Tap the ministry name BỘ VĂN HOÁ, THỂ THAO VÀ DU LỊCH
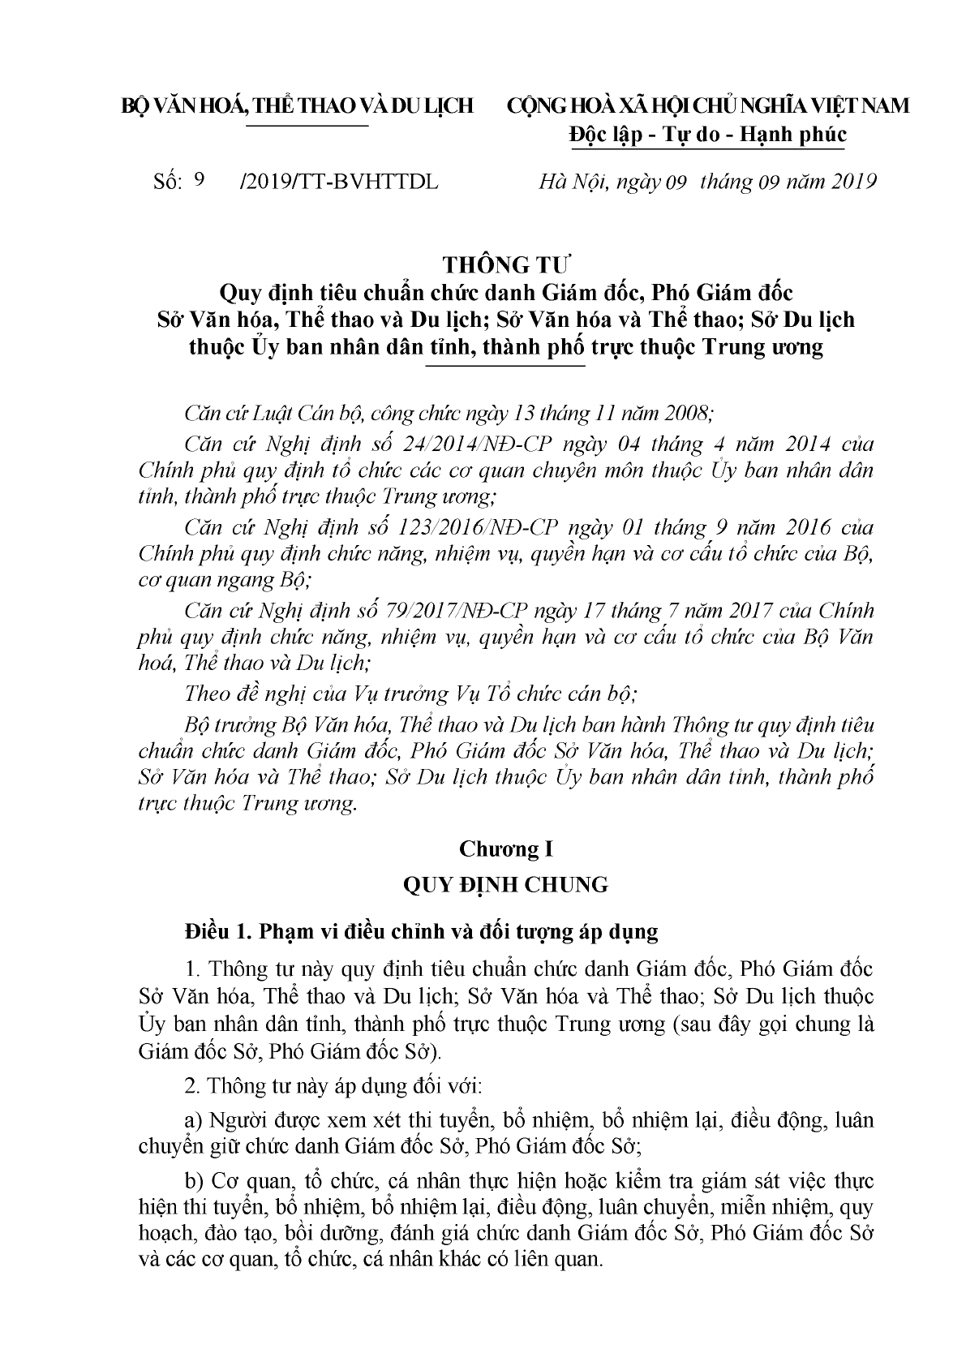[296, 106]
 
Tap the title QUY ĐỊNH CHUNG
[506, 884]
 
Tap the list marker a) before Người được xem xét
[193, 1120]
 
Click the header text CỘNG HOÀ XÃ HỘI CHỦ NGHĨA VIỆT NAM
[707, 106]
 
